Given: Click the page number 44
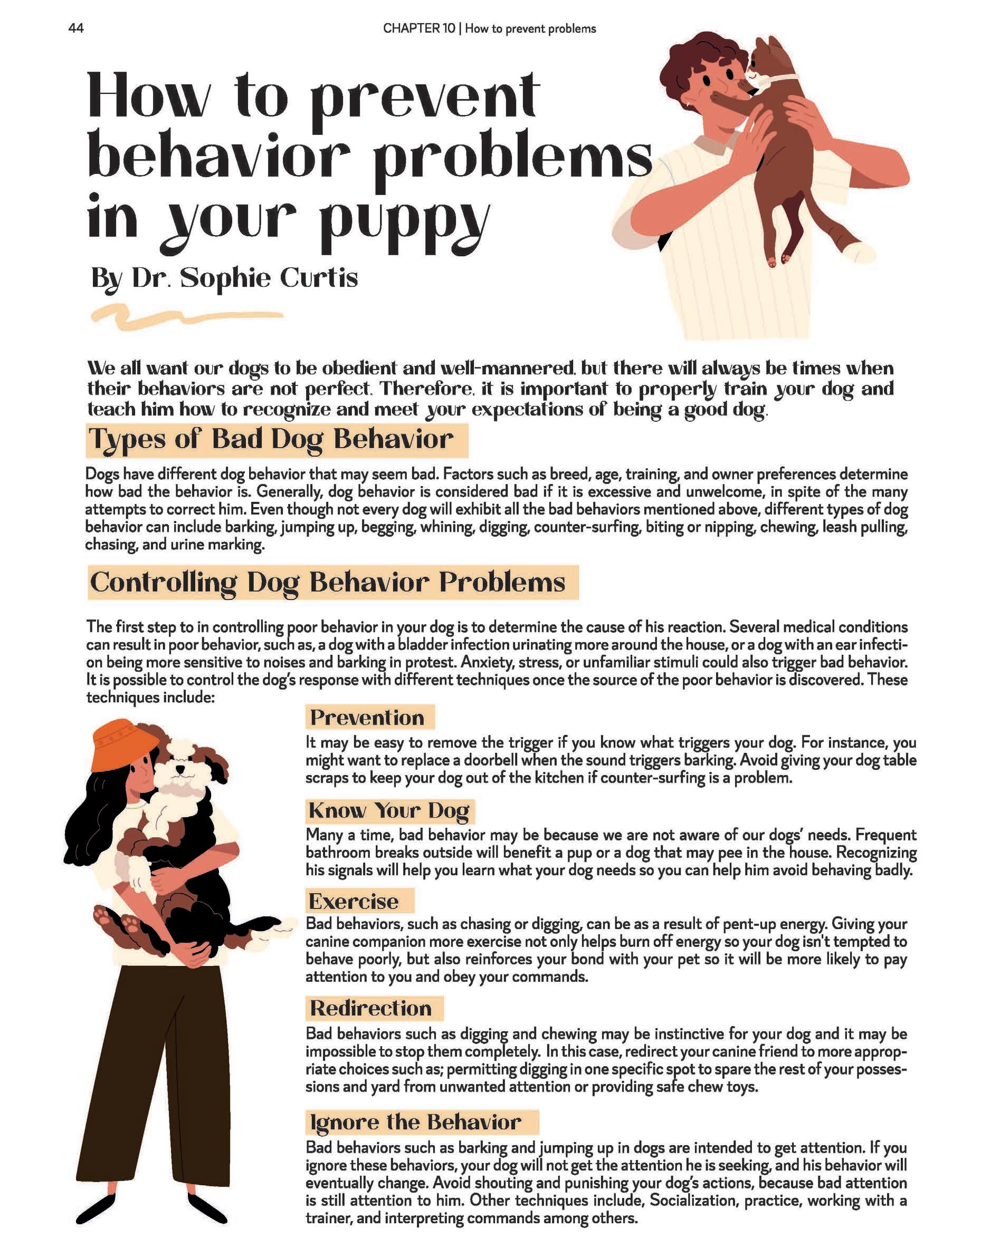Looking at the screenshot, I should click(76, 28).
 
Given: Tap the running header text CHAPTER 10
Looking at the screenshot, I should click(418, 29).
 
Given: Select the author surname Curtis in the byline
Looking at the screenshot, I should click(319, 278).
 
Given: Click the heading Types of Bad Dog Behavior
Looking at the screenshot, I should click(271, 440).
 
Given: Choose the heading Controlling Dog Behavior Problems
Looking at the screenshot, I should click(327, 583).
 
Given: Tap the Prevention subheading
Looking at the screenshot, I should click(367, 718).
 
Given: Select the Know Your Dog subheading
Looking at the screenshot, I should click(389, 810).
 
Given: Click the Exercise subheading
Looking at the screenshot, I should click(354, 902).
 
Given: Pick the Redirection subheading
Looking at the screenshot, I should click(370, 1009).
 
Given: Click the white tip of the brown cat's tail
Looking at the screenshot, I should click(859, 250).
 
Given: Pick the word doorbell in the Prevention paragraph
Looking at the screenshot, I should click(491, 760).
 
